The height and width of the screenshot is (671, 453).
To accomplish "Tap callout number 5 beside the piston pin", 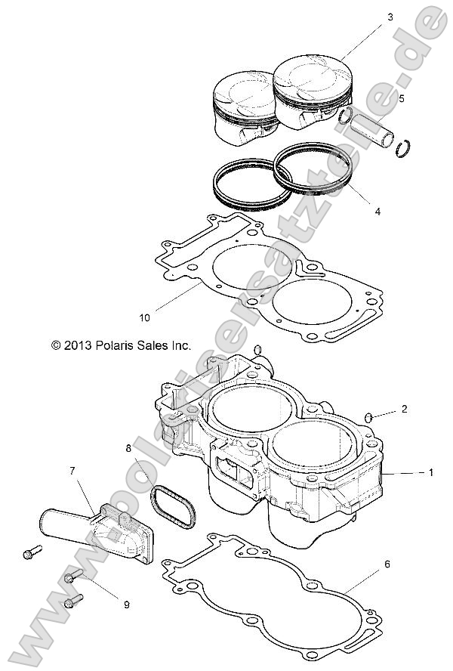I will coord(401,98).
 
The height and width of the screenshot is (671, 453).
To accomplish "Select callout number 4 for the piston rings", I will coord(377,212).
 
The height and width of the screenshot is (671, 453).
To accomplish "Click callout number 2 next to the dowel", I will coord(404,409).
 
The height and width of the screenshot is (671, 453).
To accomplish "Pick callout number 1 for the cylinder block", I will coord(430,472).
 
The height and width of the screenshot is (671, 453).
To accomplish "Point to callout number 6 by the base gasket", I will coord(387,563).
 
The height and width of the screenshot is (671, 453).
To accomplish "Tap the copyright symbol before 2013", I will coord(55,345).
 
